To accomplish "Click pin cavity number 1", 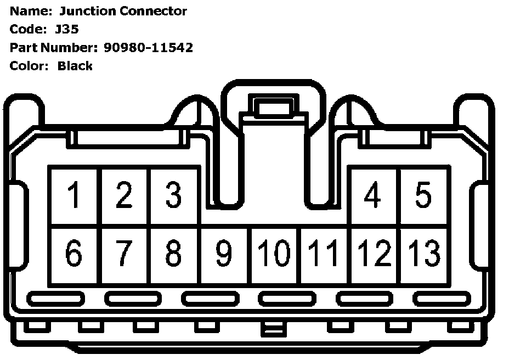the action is click(x=73, y=196).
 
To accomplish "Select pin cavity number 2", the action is click(x=123, y=196).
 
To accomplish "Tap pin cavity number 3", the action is click(x=173, y=196).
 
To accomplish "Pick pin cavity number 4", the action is click(x=373, y=196).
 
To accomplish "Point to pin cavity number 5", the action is click(x=423, y=196).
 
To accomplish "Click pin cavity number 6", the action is click(x=73, y=254).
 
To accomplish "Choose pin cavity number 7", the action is click(x=123, y=254).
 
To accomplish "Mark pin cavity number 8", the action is click(x=173, y=254).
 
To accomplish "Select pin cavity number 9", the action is click(x=224, y=254).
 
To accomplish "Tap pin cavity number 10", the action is click(x=274, y=254).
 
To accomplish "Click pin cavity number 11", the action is click(x=324, y=254).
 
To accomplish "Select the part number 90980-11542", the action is click(x=148, y=48).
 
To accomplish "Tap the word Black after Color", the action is click(x=75, y=66).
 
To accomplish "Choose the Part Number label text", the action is click(x=54, y=48).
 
